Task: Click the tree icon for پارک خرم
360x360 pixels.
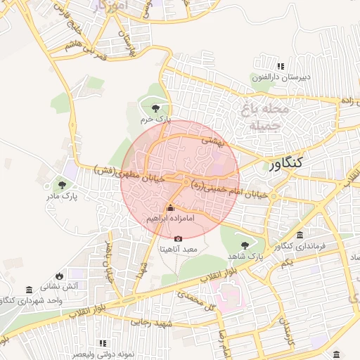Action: (156, 108)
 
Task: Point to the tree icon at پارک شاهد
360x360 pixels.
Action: (245, 245)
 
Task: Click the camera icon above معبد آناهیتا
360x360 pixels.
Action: (178, 238)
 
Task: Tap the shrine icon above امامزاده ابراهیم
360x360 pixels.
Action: (170, 208)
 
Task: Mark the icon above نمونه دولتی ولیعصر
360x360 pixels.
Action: (103, 342)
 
